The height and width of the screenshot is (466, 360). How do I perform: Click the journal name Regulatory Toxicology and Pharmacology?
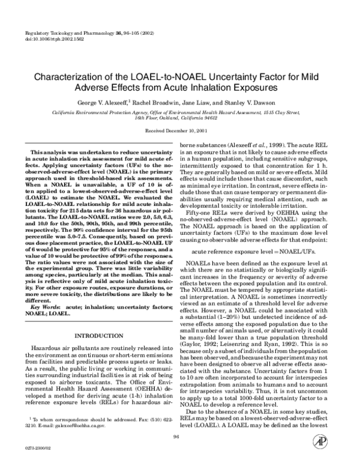coord(71,35)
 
